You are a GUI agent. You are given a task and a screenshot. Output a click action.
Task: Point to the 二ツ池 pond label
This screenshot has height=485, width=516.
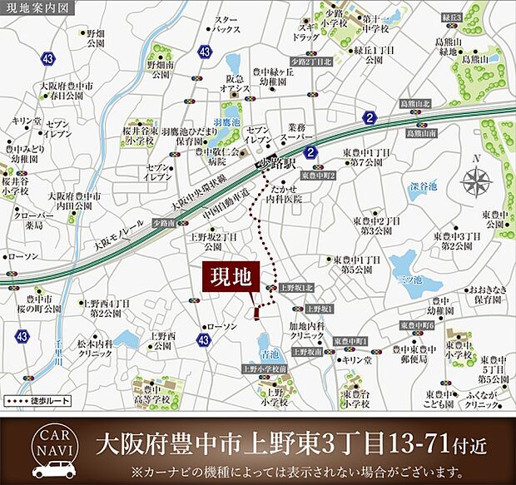click(409, 278)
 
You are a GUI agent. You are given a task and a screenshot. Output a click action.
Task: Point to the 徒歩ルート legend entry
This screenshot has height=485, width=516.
click(38, 401)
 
